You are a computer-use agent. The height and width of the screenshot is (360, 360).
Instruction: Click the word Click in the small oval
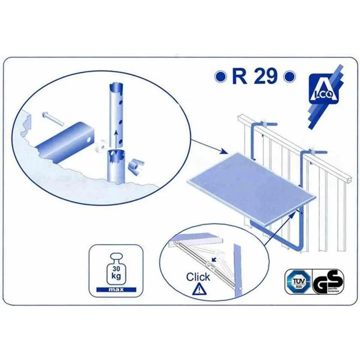tap(198, 277)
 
